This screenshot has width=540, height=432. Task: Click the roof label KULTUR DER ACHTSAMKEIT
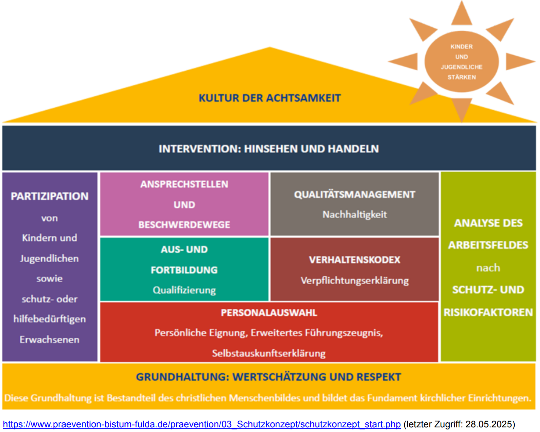click(270, 98)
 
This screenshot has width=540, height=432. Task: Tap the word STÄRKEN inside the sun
click(462, 77)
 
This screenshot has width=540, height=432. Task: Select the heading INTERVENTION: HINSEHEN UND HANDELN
click(269, 149)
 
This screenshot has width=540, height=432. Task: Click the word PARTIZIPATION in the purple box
click(50, 197)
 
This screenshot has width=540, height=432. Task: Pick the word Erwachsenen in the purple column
click(49, 340)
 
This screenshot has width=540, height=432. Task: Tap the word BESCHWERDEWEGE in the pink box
click(184, 225)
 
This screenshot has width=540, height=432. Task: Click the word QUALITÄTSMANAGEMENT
click(355, 195)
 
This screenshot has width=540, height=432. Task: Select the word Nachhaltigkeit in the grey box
click(355, 215)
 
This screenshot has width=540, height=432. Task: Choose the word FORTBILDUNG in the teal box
click(184, 270)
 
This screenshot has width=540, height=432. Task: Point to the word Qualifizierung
click(184, 290)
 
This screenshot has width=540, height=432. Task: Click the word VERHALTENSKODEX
click(355, 260)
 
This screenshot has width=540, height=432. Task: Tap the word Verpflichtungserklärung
click(355, 280)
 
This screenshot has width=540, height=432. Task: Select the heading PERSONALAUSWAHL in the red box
click(269, 313)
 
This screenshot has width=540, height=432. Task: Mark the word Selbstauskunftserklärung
click(269, 353)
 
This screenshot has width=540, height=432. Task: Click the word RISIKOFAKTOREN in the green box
click(488, 312)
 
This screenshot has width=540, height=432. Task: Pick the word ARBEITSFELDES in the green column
click(488, 245)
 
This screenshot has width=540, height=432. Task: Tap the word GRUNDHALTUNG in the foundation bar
click(181, 377)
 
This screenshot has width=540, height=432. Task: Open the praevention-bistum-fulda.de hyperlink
click(201, 424)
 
